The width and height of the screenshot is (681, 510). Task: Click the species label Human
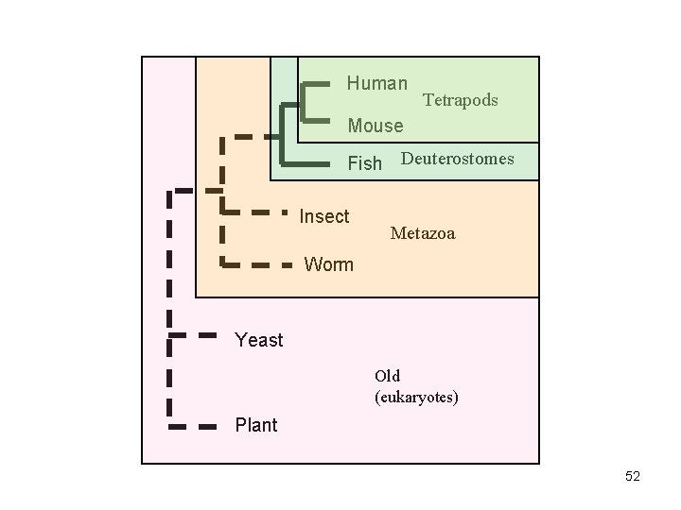[x=376, y=84]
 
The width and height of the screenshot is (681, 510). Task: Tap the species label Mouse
[x=375, y=126]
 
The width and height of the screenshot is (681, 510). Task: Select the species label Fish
[x=365, y=163]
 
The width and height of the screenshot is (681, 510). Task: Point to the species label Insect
[x=324, y=217]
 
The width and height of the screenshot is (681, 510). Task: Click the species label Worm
[x=328, y=264]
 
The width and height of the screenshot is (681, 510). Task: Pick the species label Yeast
[x=258, y=340]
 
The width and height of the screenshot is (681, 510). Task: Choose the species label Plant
[x=256, y=425]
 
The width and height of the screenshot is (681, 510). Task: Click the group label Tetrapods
[x=460, y=100]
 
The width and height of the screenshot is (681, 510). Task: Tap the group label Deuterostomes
[x=458, y=159]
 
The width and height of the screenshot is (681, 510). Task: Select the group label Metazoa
[x=423, y=232]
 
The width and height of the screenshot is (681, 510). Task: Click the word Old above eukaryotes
[x=387, y=377]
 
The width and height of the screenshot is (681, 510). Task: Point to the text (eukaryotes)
[x=417, y=398]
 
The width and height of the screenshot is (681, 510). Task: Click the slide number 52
[x=633, y=477]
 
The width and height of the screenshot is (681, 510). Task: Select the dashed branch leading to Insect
[x=255, y=212]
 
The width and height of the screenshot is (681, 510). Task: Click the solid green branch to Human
[x=316, y=85]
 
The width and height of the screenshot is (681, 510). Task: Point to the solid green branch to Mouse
[x=317, y=122]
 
